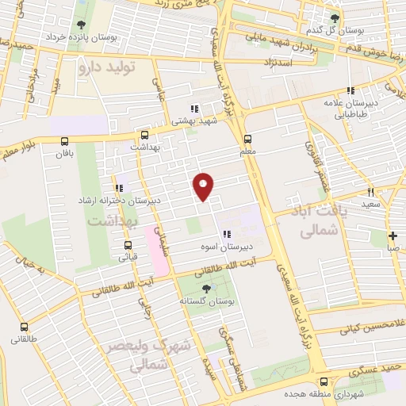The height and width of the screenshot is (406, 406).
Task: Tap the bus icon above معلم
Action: [247, 137]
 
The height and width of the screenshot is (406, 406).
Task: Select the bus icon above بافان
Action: [64, 141]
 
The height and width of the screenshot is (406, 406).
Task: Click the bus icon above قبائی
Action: [123, 244]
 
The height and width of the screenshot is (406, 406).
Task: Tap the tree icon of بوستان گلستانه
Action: [207, 289]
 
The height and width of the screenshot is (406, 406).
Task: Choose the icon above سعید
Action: [370, 192]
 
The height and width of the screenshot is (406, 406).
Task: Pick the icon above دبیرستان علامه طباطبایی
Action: [350, 90]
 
